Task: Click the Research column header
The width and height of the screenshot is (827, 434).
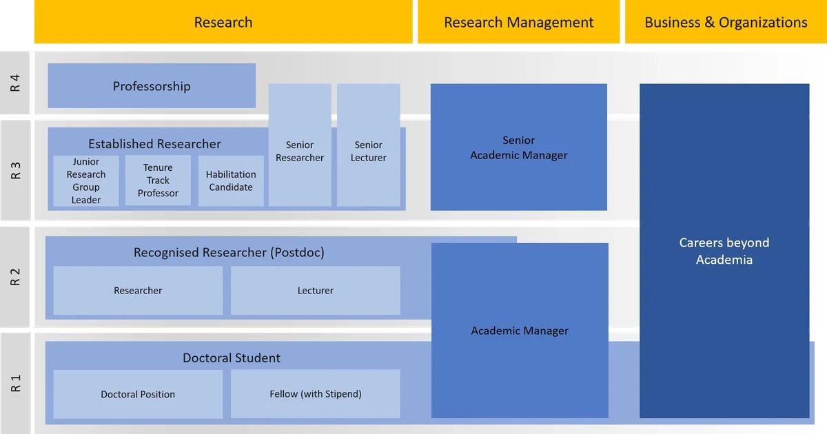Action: [223, 23]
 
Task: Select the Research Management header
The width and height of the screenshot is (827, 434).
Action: [518, 23]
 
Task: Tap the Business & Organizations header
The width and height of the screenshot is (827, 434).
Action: [726, 23]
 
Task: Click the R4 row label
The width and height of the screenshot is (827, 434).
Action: [15, 83]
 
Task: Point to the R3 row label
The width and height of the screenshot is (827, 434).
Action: [15, 170]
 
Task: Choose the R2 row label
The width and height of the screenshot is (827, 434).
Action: [15, 277]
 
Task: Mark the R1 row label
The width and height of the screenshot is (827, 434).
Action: [15, 383]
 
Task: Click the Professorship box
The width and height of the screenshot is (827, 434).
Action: [152, 86]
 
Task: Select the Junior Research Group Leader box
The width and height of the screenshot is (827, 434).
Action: [86, 180]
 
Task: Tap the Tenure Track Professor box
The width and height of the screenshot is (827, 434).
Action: [158, 180]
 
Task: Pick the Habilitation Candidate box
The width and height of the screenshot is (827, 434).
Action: [231, 180]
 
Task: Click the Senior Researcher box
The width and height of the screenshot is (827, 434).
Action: [300, 152]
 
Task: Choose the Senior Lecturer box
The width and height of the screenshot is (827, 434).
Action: [369, 152]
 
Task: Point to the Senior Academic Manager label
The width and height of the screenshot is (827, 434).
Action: [519, 148]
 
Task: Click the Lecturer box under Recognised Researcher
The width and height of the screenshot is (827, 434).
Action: [316, 291]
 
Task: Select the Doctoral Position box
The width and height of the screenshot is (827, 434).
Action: [138, 395]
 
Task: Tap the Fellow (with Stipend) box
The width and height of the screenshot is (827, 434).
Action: [316, 394]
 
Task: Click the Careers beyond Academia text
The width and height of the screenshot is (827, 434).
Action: [724, 251]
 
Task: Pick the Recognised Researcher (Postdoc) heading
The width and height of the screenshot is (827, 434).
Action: [229, 253]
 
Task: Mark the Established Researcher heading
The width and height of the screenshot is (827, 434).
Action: [154, 144]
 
